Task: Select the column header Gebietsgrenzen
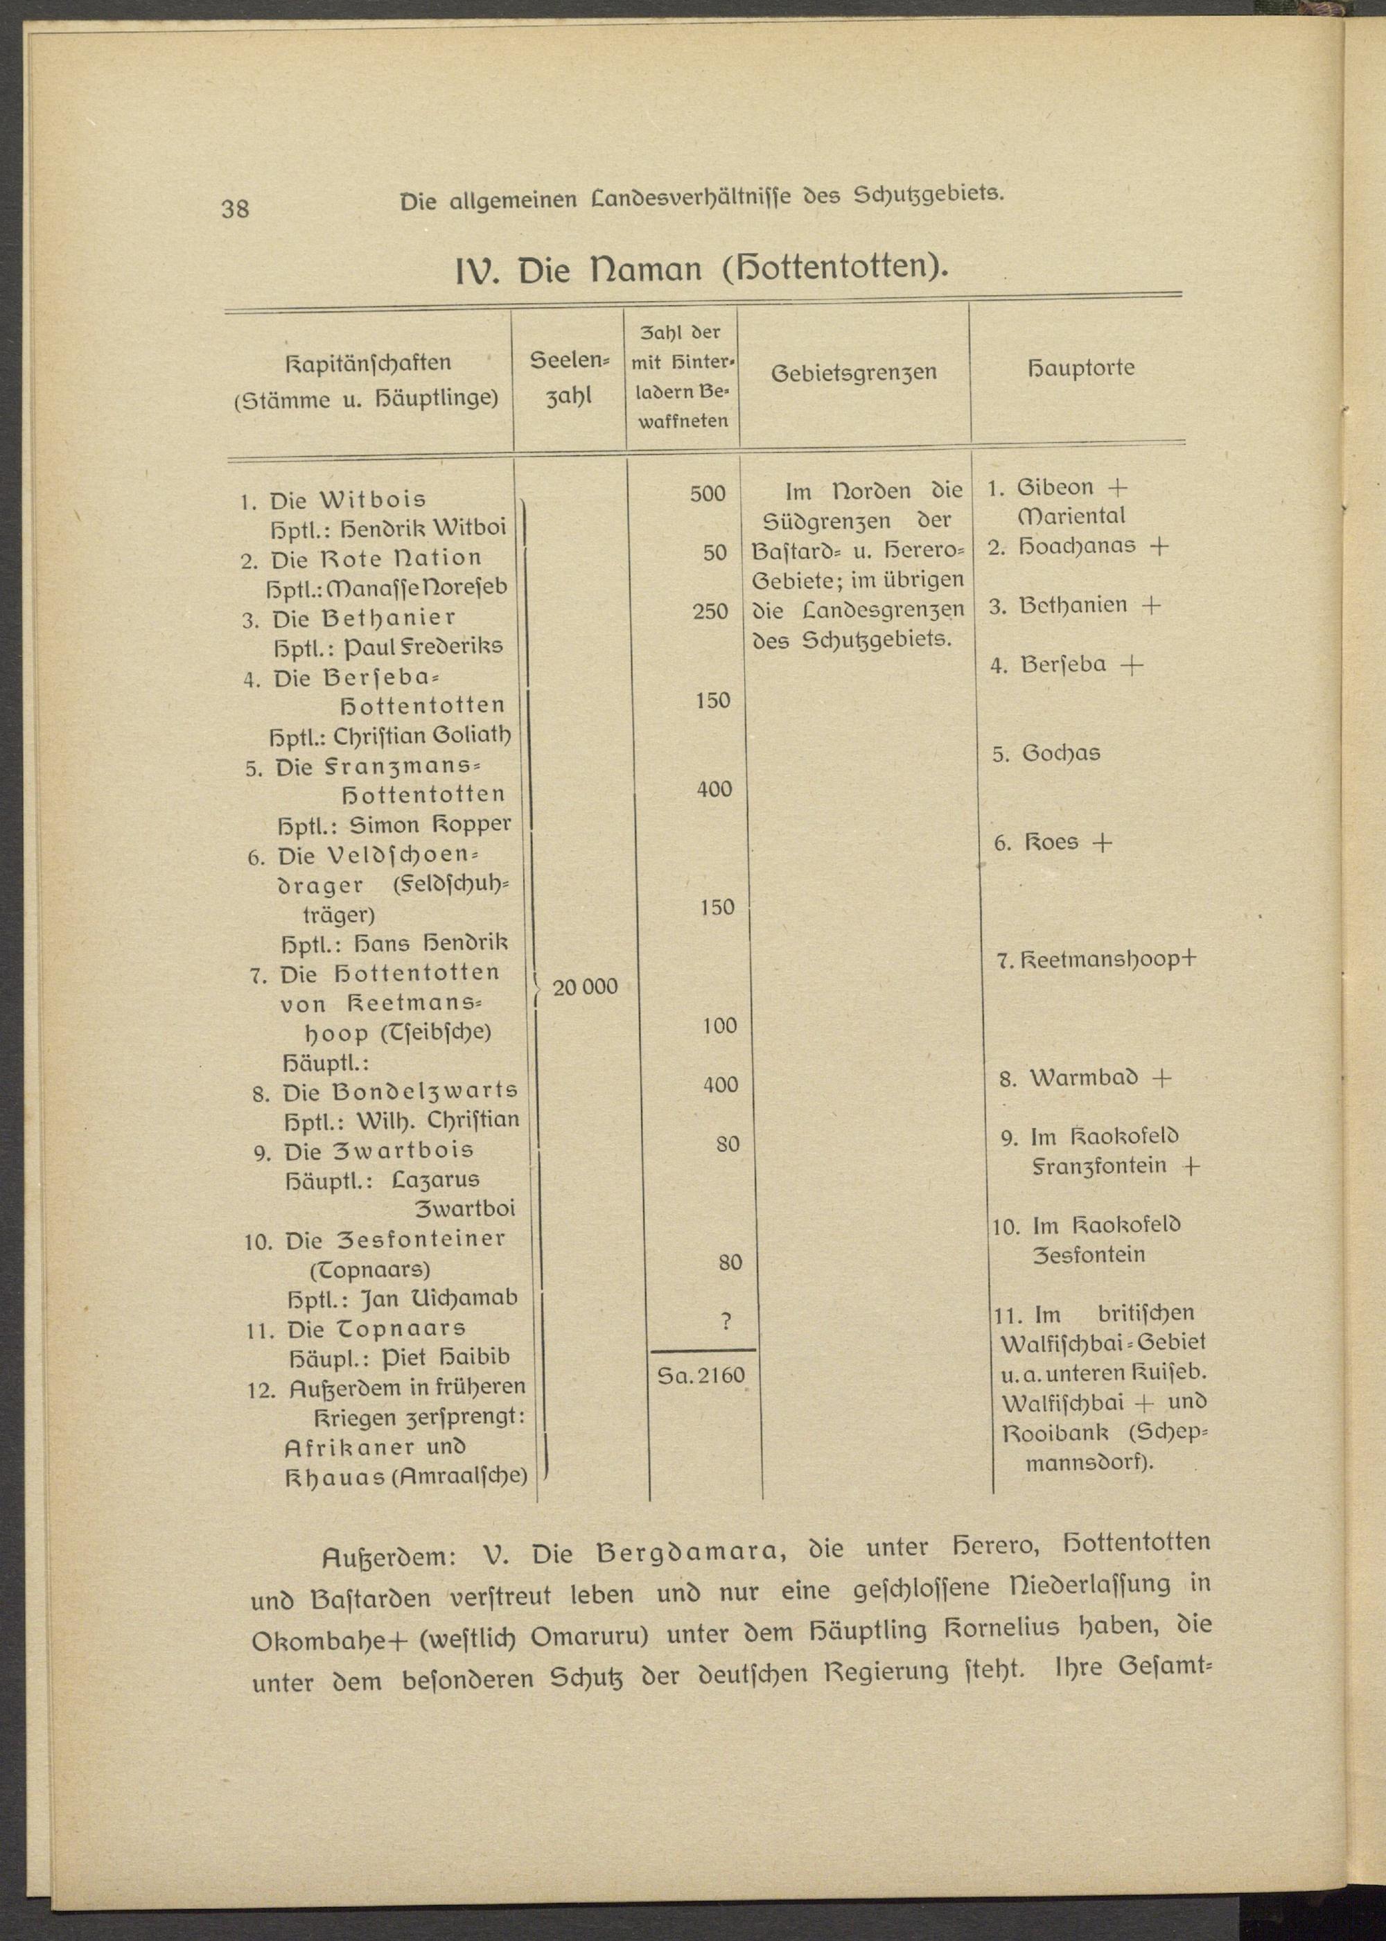tap(854, 373)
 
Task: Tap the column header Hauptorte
tap(1081, 369)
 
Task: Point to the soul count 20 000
tap(586, 988)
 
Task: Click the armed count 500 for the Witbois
tap(708, 494)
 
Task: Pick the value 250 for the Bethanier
tap(710, 612)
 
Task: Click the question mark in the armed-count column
tap(726, 1321)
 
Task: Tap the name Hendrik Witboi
tap(423, 529)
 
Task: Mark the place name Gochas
tap(1061, 753)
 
